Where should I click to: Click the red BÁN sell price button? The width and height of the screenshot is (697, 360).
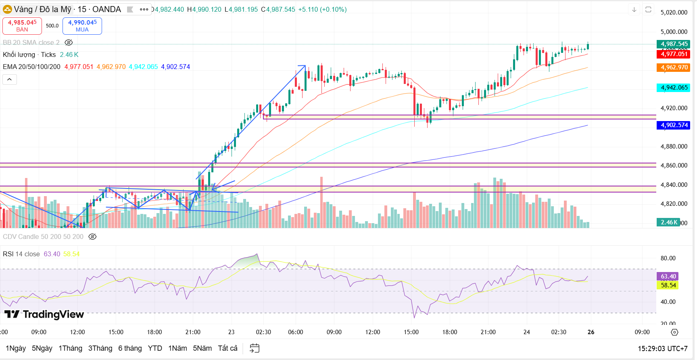click(x=22, y=26)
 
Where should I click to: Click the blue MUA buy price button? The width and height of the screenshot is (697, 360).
click(x=82, y=26)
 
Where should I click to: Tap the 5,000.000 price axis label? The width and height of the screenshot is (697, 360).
click(x=674, y=32)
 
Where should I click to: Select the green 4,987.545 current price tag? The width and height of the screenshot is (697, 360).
click(x=674, y=44)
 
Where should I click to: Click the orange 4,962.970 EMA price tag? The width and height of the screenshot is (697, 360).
click(x=674, y=67)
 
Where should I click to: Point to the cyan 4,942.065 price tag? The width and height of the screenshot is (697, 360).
click(x=674, y=88)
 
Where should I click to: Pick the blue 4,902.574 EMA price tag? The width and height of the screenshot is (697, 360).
click(x=674, y=125)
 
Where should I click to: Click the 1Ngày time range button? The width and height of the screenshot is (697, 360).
click(x=16, y=348)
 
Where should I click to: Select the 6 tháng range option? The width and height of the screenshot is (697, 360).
click(x=130, y=348)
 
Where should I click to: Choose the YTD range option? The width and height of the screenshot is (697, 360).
click(x=155, y=348)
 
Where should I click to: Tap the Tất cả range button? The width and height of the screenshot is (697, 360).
click(x=227, y=348)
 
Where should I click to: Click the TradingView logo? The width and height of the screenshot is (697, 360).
click(x=44, y=314)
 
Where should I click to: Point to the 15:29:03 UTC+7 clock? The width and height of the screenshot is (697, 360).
click(x=662, y=348)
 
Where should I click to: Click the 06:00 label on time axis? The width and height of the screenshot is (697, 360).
click(x=296, y=332)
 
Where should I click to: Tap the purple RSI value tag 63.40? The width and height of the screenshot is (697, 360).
click(x=668, y=276)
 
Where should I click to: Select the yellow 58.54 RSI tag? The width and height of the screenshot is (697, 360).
click(x=668, y=285)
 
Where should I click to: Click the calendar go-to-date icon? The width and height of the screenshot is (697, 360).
click(x=255, y=348)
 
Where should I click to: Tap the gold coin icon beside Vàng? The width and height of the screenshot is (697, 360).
click(x=7, y=9)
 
